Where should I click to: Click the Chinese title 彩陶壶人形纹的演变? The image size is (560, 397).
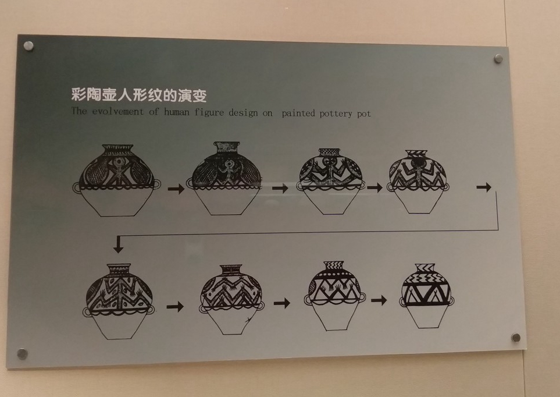click(x=138, y=94)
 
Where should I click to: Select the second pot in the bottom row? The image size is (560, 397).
click(x=230, y=299)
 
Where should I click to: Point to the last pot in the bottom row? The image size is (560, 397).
click(x=426, y=295)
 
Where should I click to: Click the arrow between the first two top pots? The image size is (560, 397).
click(x=176, y=189)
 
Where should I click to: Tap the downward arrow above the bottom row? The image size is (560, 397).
click(x=119, y=245)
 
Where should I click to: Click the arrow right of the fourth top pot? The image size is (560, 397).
click(x=484, y=187)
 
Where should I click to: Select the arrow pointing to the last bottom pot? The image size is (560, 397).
click(x=379, y=300)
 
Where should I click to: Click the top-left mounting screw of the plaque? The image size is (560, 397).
click(x=28, y=45)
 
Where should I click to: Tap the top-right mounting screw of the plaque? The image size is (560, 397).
click(x=498, y=58)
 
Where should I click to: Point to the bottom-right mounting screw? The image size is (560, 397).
click(x=515, y=338)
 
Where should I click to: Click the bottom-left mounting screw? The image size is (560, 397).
click(x=22, y=353)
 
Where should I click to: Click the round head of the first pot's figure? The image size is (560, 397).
click(x=120, y=162)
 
